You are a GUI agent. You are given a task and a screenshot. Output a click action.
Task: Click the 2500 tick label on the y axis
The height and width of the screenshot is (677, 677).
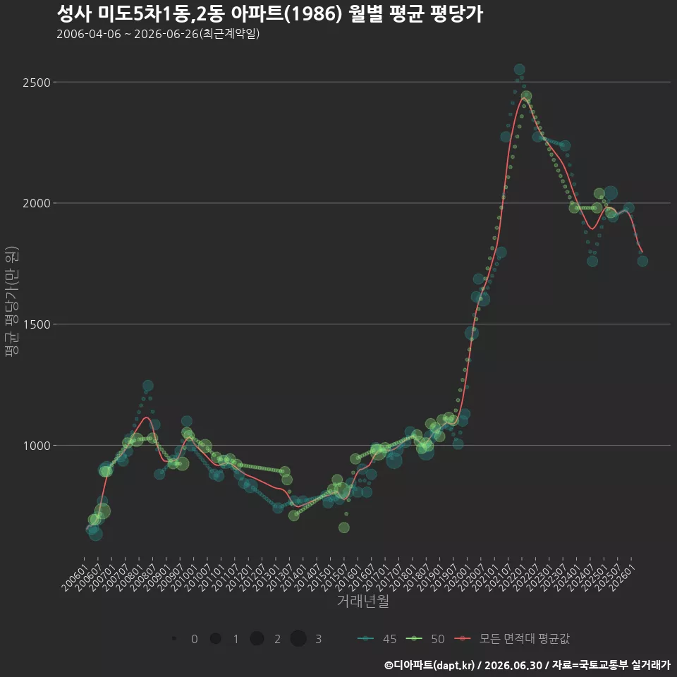(36, 82)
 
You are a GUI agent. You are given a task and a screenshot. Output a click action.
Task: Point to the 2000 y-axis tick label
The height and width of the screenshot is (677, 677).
(36, 203)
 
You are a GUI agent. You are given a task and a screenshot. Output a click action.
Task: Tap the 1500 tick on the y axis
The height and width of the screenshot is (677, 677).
(36, 324)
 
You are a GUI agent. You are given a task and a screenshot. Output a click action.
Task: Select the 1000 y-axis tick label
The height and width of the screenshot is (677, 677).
(36, 445)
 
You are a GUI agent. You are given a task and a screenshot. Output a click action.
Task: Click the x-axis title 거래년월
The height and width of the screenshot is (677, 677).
(362, 601)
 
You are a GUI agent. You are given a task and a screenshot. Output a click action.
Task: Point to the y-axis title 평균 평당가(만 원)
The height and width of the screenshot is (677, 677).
(12, 301)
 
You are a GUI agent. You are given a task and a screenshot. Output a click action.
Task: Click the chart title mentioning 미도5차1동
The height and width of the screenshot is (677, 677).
(270, 14)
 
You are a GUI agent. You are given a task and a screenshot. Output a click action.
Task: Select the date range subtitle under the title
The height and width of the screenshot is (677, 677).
(158, 34)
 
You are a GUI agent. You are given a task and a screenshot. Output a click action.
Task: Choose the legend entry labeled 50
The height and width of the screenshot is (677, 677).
(425, 639)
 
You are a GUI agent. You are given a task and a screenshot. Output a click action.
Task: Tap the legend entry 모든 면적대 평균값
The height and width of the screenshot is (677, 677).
(512, 639)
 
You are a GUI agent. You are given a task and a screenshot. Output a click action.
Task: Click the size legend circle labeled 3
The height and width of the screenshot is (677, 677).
(298, 639)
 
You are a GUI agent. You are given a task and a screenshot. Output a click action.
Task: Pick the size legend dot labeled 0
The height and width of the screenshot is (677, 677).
(174, 639)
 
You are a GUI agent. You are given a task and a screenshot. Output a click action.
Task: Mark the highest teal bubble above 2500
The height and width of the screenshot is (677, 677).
(520, 70)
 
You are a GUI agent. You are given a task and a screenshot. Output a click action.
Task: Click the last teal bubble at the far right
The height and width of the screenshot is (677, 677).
(642, 261)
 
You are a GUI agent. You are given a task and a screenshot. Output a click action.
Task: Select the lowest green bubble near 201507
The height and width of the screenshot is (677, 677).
(343, 527)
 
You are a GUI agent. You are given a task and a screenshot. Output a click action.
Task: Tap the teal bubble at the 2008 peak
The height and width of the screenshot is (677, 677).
(147, 386)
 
